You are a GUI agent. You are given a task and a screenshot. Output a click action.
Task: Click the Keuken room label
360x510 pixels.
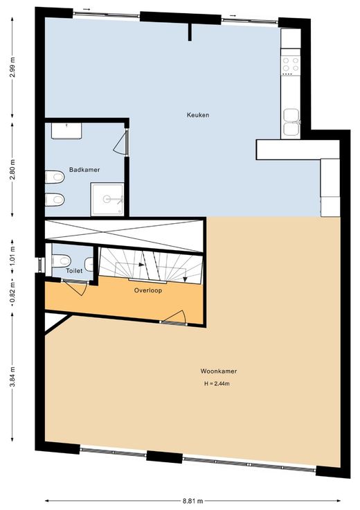click(x=198, y=115)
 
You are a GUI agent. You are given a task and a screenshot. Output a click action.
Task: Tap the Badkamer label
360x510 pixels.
click(x=84, y=170)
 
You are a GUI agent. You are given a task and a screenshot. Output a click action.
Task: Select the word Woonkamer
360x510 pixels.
click(x=218, y=371)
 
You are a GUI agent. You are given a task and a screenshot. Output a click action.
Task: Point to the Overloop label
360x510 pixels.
click(x=148, y=290)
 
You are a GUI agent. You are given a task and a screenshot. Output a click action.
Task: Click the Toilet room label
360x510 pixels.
click(x=74, y=271)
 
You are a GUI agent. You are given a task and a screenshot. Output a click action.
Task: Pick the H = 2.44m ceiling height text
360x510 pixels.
click(x=217, y=383)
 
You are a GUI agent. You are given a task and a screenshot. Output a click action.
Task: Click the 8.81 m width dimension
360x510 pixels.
click(x=193, y=501)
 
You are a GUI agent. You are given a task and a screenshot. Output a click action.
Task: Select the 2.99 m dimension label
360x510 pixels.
click(x=12, y=67)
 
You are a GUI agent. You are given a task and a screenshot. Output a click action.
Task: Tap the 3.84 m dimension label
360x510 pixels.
click(x=12, y=377)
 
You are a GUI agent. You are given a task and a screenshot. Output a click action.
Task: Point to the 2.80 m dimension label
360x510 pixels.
click(x=12, y=170)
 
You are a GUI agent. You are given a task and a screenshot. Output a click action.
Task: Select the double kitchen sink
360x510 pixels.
click(x=291, y=122)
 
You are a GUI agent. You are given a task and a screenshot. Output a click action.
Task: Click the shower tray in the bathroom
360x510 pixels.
click(x=107, y=199)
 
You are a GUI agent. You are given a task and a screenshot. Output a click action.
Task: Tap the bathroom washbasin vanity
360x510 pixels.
click(x=66, y=131)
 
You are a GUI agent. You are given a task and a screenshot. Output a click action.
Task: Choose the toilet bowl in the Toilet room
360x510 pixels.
click(x=62, y=261)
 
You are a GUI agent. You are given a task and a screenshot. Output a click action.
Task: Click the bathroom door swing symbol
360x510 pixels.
click(x=121, y=142)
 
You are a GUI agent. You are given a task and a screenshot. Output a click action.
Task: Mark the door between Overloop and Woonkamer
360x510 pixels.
click(x=173, y=317)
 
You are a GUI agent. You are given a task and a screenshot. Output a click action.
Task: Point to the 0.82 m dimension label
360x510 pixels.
click(x=12, y=296)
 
